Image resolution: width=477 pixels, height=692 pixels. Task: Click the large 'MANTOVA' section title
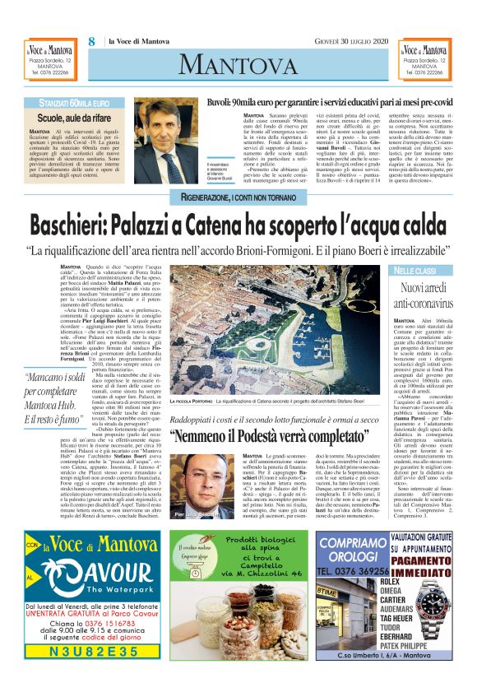pyautogui.click(x=238, y=63)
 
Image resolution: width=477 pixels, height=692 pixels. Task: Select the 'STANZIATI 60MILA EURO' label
pyautogui.click(x=80, y=103)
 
